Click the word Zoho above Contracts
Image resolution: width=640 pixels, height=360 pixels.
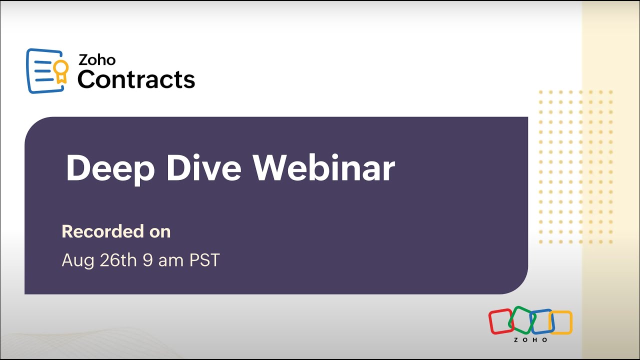click(97, 60)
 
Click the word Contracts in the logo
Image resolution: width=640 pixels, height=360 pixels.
click(136, 79)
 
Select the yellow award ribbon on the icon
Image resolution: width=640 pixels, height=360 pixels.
click(61, 71)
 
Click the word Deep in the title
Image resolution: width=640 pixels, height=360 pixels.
click(110, 168)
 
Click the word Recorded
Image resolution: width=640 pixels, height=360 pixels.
click(103, 231)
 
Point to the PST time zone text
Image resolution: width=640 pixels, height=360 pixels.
click(204, 260)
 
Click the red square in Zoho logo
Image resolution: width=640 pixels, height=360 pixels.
click(500, 321)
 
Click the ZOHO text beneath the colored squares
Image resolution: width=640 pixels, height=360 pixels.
click(530, 340)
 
